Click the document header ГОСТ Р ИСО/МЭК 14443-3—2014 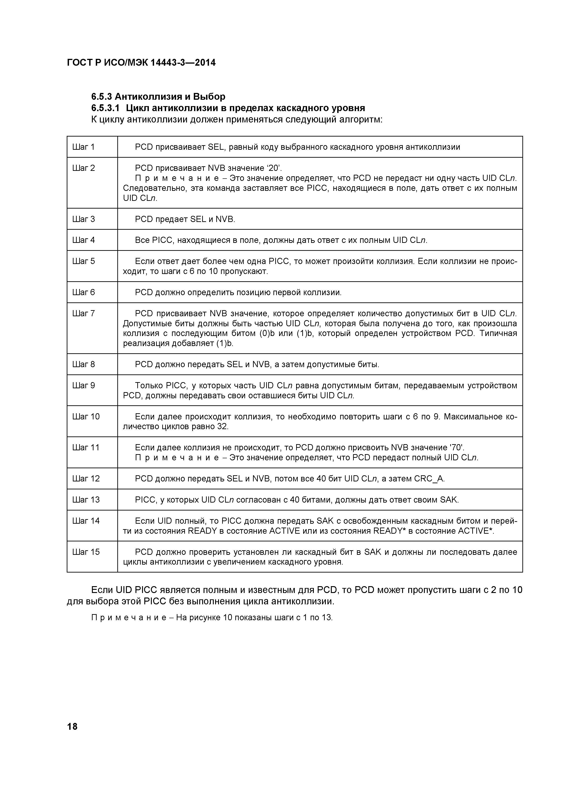pyautogui.click(x=141, y=63)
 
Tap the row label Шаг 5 pyautogui.click(x=83, y=261)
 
